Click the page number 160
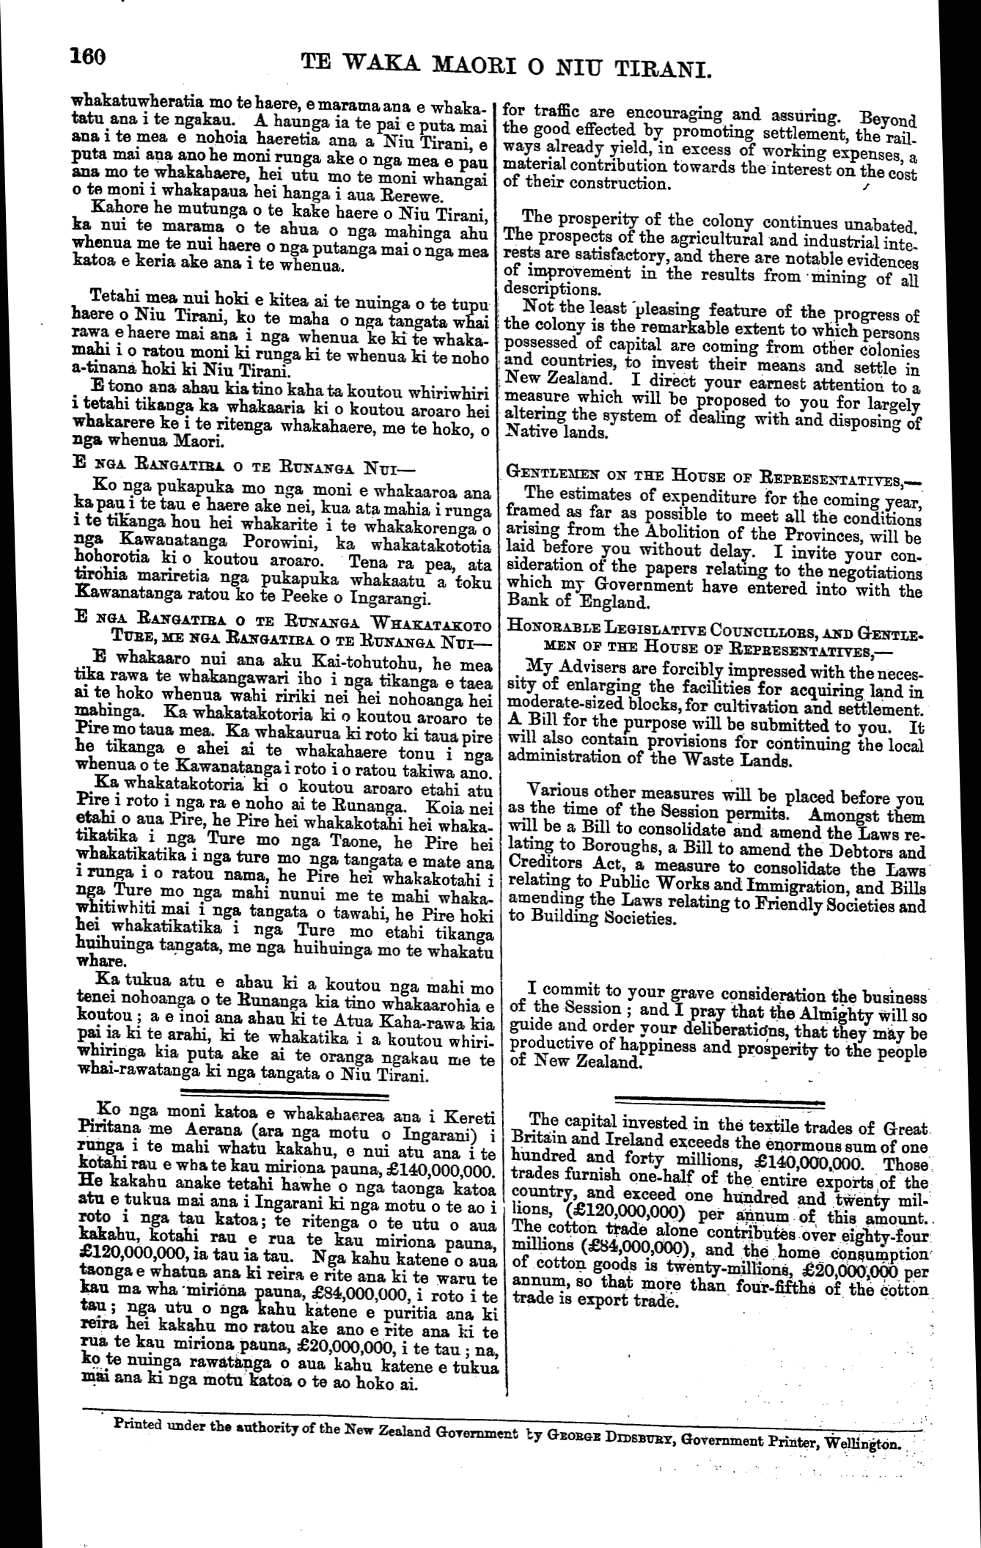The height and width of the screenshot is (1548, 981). click(x=89, y=58)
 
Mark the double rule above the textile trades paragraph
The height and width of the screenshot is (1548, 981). click(x=719, y=1099)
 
